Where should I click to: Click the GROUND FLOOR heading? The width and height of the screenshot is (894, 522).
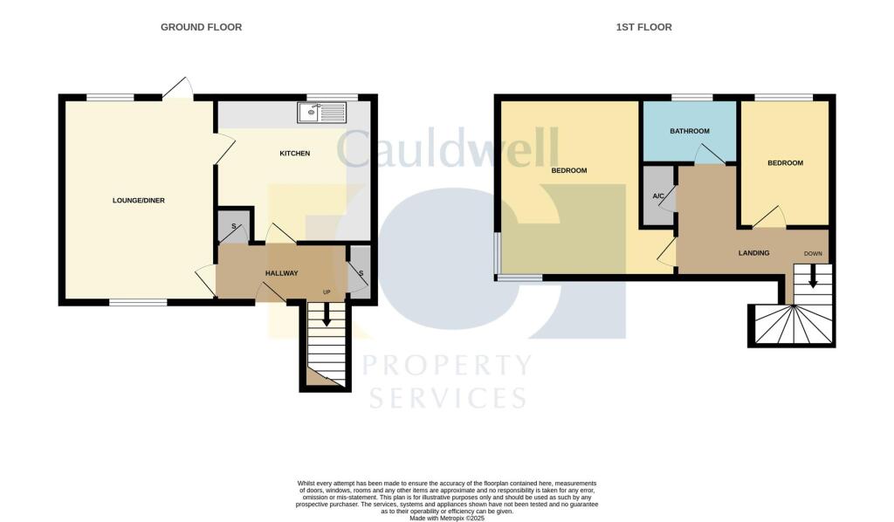(201, 27)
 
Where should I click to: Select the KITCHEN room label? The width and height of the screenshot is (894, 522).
(294, 154)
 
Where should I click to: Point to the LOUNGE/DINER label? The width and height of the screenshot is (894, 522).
(139, 201)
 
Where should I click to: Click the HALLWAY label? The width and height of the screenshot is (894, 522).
(281, 273)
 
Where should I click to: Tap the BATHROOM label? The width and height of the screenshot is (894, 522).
(690, 132)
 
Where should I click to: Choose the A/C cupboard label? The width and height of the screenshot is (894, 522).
(658, 196)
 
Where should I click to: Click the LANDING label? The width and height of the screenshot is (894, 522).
(753, 253)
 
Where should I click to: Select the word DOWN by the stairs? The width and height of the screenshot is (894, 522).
(812, 253)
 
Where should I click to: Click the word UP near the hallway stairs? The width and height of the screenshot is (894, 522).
(327, 292)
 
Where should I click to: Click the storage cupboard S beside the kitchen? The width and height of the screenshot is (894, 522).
(233, 227)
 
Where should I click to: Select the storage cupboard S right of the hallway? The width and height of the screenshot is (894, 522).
(360, 272)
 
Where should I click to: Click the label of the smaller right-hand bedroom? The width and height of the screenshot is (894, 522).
(785, 163)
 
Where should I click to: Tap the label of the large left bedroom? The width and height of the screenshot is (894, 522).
(568, 170)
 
